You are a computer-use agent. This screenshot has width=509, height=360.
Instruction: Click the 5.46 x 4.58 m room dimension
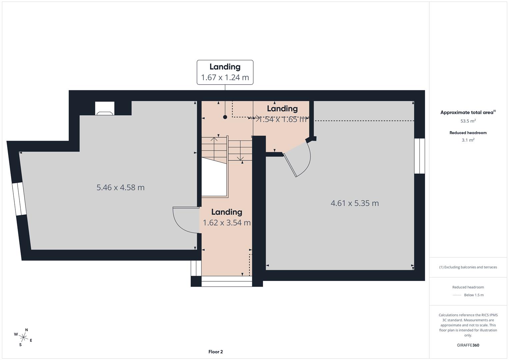click(x=120, y=187)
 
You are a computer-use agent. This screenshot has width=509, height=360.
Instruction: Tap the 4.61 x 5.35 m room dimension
click(x=355, y=203)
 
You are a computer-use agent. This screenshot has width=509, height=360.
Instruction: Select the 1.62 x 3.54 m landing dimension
click(x=227, y=223)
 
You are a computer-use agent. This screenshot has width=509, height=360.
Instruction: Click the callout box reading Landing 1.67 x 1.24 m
click(x=225, y=72)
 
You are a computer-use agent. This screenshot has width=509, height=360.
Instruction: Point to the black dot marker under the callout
click(x=225, y=117)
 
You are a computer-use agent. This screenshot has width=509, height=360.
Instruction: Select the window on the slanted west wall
click(x=19, y=199)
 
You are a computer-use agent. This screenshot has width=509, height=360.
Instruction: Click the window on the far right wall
click(x=419, y=156)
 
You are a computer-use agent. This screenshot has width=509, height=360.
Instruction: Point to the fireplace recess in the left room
click(x=105, y=109)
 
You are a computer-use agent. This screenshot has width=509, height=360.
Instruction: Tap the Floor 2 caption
click(x=215, y=352)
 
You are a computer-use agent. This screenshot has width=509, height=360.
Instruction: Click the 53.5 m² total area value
click(x=468, y=121)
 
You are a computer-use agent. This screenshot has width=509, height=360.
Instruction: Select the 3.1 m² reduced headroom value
click(x=468, y=140)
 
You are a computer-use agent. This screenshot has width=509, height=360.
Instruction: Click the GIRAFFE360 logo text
click(x=468, y=345)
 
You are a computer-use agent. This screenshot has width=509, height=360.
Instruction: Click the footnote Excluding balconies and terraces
click(x=468, y=267)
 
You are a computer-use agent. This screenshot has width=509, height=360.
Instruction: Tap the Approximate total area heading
click(x=467, y=113)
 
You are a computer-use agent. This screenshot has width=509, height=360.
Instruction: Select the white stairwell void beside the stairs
click(x=214, y=178)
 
